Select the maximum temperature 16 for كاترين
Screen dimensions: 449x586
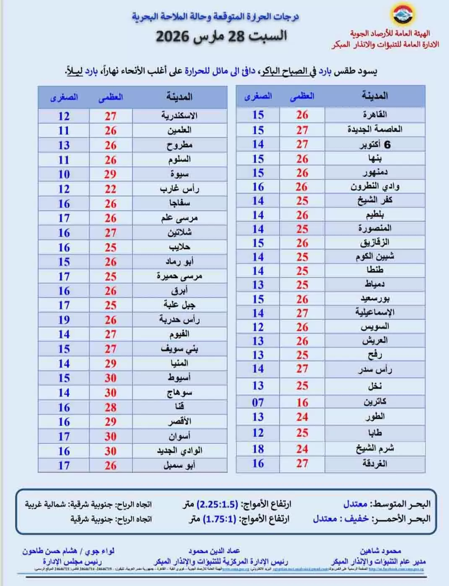pyautogui.click(x=302, y=402)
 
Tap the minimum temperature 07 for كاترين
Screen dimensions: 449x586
pyautogui.click(x=258, y=402)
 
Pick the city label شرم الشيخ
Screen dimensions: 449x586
pyautogui.click(x=374, y=448)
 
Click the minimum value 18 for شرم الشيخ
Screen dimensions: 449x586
pyautogui.click(x=258, y=449)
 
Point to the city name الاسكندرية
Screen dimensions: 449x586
pyautogui.click(x=179, y=116)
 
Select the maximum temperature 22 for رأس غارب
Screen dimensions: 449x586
pyautogui.click(x=110, y=189)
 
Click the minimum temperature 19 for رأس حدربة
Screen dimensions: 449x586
pyautogui.click(x=64, y=320)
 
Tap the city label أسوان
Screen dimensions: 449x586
pyautogui.click(x=179, y=436)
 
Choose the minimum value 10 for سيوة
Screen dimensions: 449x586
pyautogui.click(x=64, y=174)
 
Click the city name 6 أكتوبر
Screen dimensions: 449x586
pyautogui.click(x=375, y=145)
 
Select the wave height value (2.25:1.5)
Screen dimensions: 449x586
pyautogui.click(x=217, y=504)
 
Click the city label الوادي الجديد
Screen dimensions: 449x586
pyautogui.click(x=179, y=451)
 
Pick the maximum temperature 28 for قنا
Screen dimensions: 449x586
pyautogui.click(x=110, y=407)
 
